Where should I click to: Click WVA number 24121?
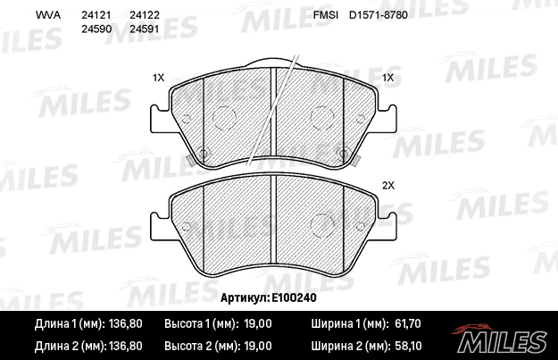tap(96, 15)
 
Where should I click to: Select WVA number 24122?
tap(144, 15)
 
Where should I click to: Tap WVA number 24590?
tap(96, 29)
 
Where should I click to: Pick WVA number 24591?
tap(144, 29)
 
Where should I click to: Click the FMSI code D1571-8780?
tap(379, 15)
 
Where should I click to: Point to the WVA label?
tap(48, 15)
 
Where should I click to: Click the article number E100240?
tap(294, 297)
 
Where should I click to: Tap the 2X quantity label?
tap(388, 186)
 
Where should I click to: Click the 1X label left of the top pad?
tap(158, 77)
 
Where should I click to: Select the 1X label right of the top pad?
tap(387, 77)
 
